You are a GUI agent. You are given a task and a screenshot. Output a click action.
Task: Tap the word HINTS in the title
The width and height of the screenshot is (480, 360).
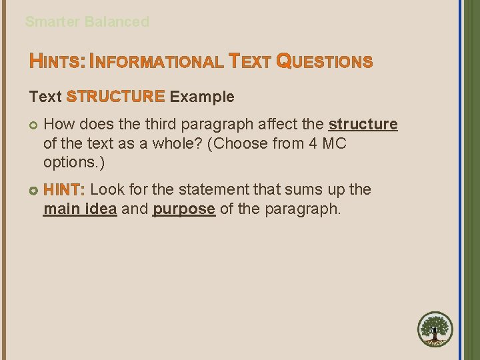tap(56, 62)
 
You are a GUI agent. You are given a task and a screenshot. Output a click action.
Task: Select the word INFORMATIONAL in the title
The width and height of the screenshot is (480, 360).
tap(156, 62)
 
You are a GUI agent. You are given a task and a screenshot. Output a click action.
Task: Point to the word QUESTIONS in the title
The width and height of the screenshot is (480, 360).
tap(324, 62)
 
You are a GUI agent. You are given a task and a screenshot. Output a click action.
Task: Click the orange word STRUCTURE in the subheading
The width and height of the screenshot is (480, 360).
tap(115, 97)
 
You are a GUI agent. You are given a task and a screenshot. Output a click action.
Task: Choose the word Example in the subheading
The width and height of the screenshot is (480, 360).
tap(202, 97)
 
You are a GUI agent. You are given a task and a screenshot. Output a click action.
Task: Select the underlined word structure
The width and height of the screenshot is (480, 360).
tap(363, 124)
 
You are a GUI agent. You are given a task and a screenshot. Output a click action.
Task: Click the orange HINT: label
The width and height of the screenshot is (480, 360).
tap(64, 190)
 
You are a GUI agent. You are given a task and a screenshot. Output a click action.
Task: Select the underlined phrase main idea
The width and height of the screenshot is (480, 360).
tap(80, 209)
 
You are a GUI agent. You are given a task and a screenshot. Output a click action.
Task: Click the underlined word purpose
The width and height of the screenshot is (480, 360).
tap(183, 209)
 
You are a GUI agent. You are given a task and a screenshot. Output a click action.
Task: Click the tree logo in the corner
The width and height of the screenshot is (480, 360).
tap(435, 329)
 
